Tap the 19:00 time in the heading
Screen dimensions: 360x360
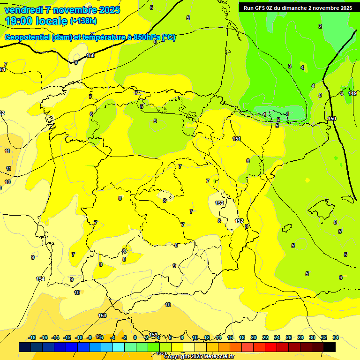coord(21,21)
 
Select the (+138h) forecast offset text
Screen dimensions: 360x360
coord(83,21)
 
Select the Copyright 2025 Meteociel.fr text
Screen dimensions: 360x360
coord(199,357)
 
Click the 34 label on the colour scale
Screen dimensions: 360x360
coord(336,337)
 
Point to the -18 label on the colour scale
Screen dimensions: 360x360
coord(32,337)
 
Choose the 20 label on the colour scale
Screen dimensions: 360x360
coord(254,337)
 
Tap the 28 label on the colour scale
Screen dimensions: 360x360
coord(300,337)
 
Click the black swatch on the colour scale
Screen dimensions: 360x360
coord(330,347)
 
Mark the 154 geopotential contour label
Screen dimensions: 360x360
coord(40,279)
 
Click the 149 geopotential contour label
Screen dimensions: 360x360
coord(352,93)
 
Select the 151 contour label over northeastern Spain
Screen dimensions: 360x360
coord(237,139)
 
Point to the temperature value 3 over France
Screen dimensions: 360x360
coord(290,66)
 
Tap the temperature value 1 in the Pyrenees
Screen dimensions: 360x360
coord(287,114)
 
